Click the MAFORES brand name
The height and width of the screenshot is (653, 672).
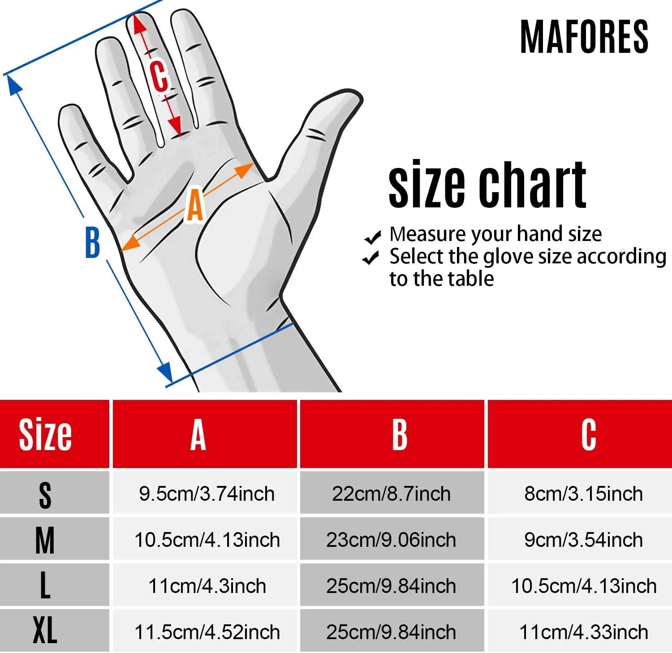click(584, 37)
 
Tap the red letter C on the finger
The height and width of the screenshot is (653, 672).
click(159, 76)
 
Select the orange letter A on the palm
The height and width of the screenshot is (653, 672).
click(195, 206)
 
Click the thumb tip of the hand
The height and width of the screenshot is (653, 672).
click(352, 96)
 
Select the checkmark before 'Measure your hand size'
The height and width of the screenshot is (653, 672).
click(372, 237)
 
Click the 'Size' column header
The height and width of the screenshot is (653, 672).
click(45, 434)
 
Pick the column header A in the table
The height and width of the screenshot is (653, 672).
click(198, 434)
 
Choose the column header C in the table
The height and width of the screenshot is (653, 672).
click(589, 434)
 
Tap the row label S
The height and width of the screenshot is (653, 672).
click(45, 495)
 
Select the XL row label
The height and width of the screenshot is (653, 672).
click(45, 630)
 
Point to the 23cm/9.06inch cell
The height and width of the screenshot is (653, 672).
click(391, 540)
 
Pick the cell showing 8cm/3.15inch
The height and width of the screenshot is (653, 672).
click(583, 494)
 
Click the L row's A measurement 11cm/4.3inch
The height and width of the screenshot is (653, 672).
click(207, 586)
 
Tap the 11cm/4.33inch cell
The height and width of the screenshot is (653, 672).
click(583, 632)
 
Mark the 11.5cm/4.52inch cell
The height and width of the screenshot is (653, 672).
click(207, 632)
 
